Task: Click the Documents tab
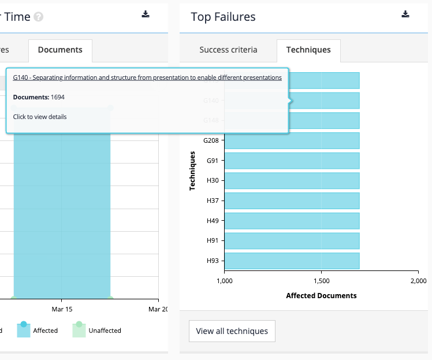click(x=60, y=50)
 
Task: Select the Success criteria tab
click(x=228, y=50)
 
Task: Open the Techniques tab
click(x=308, y=50)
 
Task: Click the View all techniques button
click(x=232, y=331)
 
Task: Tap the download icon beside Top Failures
click(x=405, y=14)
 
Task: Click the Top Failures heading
click(x=223, y=17)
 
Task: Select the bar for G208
click(x=292, y=140)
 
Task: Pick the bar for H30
click(x=292, y=180)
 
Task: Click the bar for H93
click(x=292, y=261)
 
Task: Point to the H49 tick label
click(x=212, y=221)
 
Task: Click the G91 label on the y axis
click(x=212, y=161)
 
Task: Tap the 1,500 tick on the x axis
click(x=321, y=281)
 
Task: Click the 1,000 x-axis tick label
click(x=224, y=281)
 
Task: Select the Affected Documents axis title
click(x=321, y=296)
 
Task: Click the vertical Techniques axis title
click(x=193, y=171)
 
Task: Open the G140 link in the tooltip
click(x=147, y=77)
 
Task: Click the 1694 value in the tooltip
click(x=58, y=97)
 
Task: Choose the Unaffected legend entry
click(x=104, y=331)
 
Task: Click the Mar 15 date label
click(x=62, y=310)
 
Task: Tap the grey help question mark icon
click(x=39, y=17)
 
